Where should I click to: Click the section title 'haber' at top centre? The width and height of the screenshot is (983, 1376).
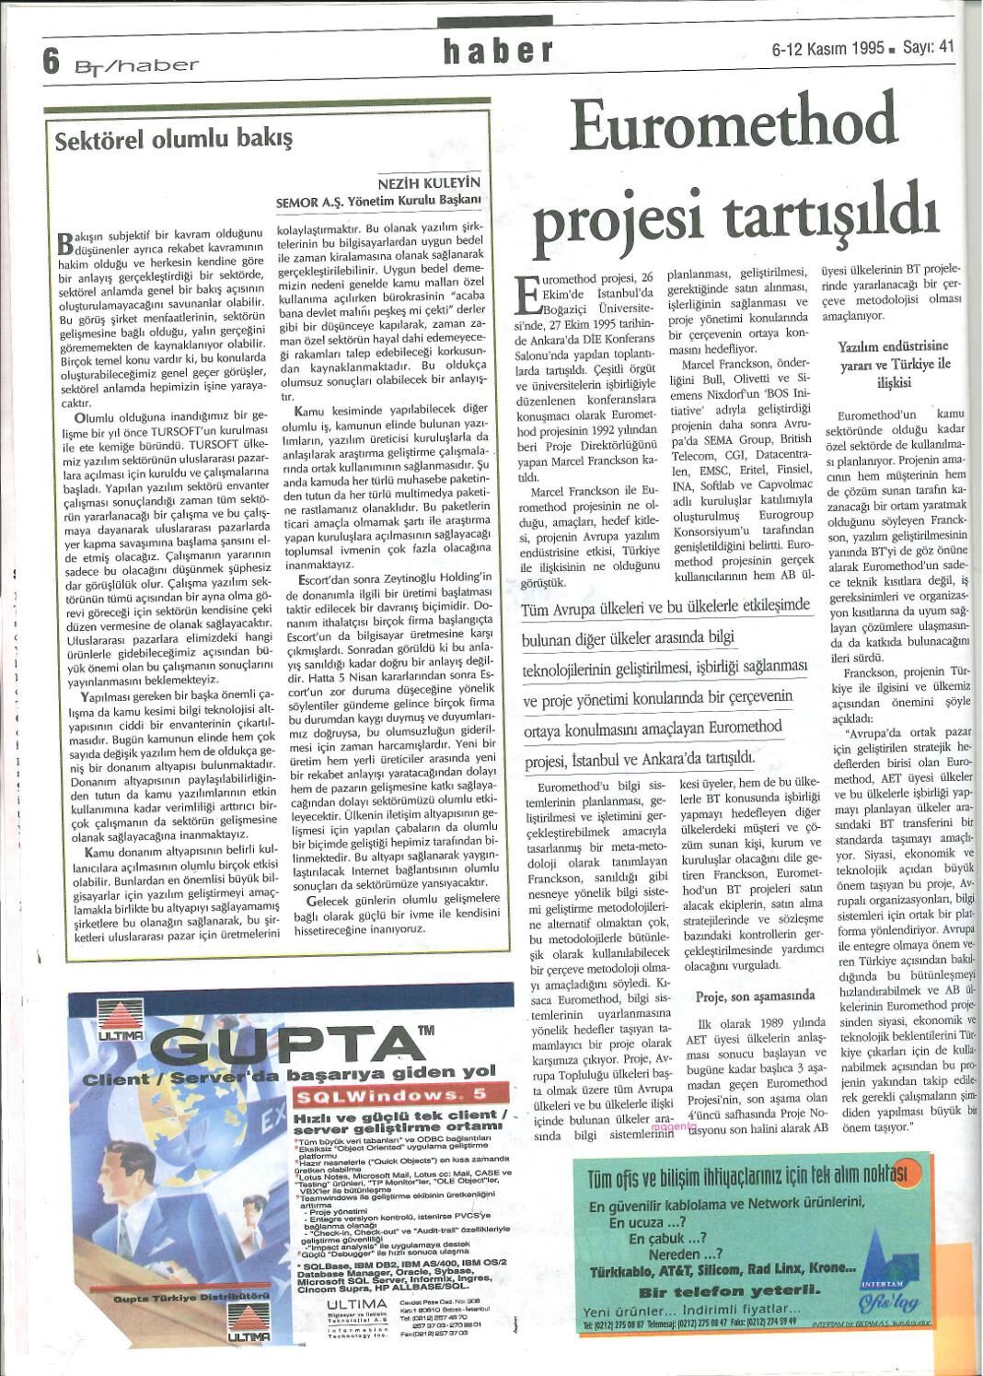pyautogui.click(x=498, y=52)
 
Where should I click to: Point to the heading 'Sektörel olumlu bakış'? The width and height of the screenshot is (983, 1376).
pyautogui.click(x=173, y=140)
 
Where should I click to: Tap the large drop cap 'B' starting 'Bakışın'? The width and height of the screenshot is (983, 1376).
pyautogui.click(x=65, y=242)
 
